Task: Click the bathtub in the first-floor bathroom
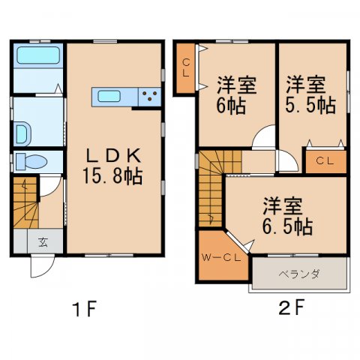click(x=37, y=55)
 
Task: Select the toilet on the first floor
click(x=31, y=160)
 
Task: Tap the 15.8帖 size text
click(x=113, y=177)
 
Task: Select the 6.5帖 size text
click(x=288, y=224)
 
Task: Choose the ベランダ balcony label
click(x=299, y=274)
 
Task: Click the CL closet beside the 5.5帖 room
click(x=324, y=160)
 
